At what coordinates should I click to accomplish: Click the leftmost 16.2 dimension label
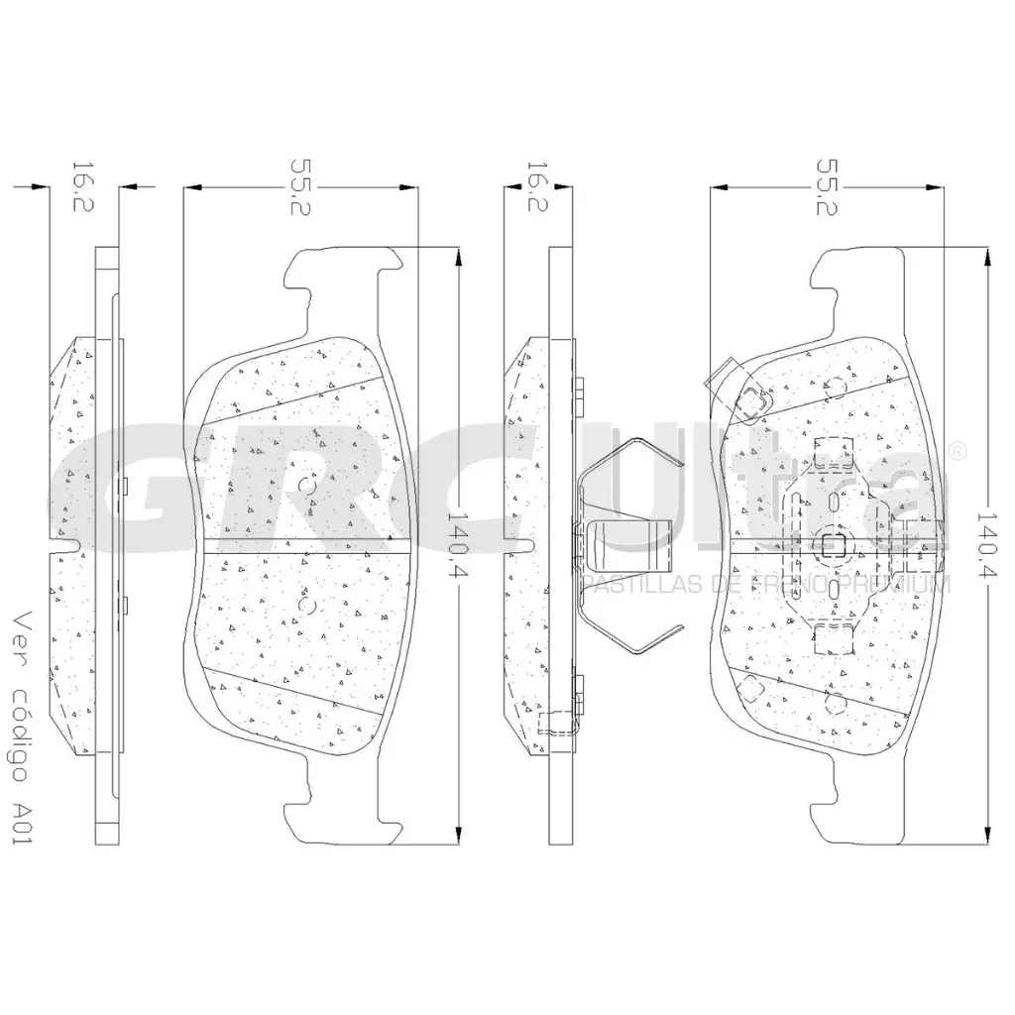click(x=83, y=187)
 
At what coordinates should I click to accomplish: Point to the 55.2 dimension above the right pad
click(x=826, y=187)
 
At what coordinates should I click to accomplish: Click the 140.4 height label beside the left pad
click(x=458, y=544)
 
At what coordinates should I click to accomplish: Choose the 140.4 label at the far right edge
click(x=986, y=544)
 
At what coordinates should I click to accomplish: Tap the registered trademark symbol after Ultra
click(x=958, y=451)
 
